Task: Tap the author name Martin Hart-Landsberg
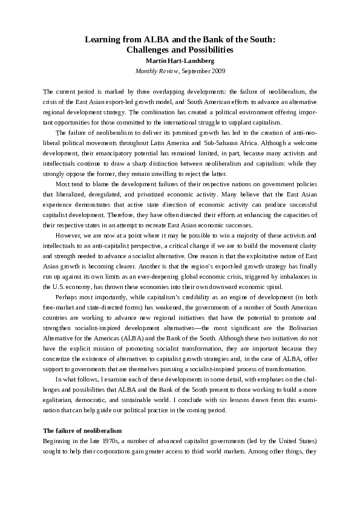180,60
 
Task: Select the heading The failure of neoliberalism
83,430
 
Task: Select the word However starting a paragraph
68,235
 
